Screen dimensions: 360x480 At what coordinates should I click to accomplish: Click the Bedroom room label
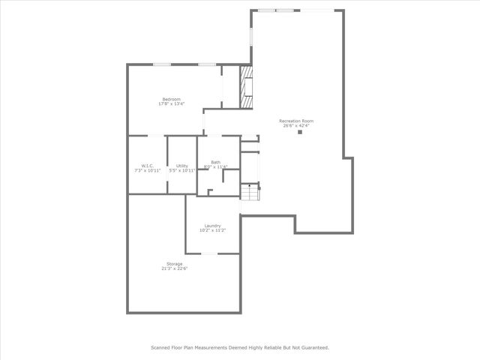(x=171, y=99)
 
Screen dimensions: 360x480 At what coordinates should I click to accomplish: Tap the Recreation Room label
(x=296, y=121)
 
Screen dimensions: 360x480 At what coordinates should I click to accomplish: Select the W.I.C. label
(x=147, y=166)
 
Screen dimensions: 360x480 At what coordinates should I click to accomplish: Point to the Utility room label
(x=182, y=166)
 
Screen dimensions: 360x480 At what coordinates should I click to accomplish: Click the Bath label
(x=215, y=162)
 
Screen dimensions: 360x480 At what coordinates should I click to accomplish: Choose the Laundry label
(x=212, y=226)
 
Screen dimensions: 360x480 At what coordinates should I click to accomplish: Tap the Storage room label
(x=173, y=263)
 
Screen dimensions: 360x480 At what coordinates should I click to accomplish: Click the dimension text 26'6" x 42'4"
(x=296, y=125)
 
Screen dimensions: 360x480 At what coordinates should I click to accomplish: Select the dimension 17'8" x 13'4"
(x=171, y=103)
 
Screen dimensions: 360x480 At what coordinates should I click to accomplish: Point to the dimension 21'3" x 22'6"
(x=173, y=268)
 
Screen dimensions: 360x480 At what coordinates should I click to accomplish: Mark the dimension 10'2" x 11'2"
(x=212, y=230)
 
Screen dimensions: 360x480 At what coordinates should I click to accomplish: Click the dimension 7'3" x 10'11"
(x=147, y=170)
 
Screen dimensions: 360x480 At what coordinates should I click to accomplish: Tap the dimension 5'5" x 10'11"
(x=182, y=170)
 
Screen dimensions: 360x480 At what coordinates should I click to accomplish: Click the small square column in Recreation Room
(x=301, y=133)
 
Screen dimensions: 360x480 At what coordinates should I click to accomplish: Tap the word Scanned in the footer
(x=161, y=347)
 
